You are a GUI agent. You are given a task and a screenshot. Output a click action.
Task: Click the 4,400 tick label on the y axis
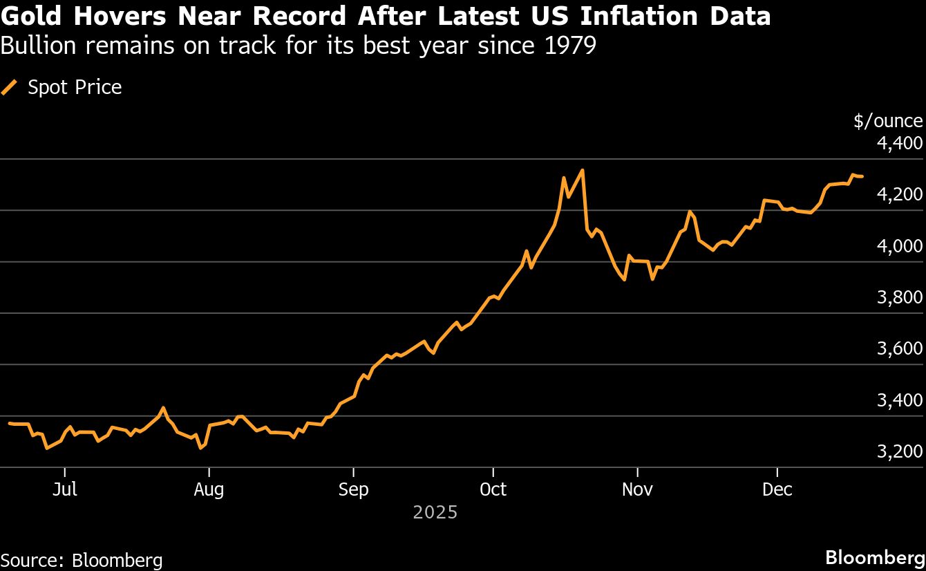(x=899, y=144)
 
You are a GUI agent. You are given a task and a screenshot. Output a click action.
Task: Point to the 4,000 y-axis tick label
(x=899, y=247)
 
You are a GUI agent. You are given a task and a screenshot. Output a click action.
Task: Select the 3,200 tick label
(x=899, y=452)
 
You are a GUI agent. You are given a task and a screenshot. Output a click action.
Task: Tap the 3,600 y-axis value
(x=899, y=349)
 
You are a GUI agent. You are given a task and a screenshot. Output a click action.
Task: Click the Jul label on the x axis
(x=64, y=490)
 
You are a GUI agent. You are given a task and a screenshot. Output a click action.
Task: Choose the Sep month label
(x=353, y=490)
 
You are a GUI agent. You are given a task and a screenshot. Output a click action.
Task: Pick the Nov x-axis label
(x=637, y=490)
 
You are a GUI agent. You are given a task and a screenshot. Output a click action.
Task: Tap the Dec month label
(x=777, y=490)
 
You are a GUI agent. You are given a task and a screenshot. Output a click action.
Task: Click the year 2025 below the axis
(x=435, y=513)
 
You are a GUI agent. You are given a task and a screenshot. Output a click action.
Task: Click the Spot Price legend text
(x=75, y=88)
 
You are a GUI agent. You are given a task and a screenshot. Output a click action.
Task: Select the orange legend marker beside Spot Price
(x=10, y=88)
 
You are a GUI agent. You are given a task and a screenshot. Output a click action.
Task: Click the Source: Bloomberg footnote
(x=82, y=560)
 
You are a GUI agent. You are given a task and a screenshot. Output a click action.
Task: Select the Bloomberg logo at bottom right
(x=875, y=558)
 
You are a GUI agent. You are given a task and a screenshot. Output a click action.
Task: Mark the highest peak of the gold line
(x=583, y=170)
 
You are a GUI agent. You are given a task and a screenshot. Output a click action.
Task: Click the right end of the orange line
(x=862, y=177)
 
